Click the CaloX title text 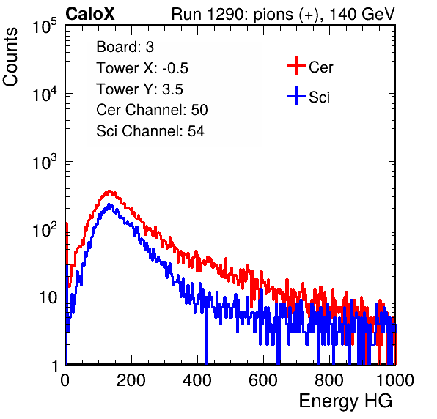pos(90,14)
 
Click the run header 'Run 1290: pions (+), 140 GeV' pos(283,14)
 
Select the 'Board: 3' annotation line pos(125,47)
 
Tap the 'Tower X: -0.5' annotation pos(142,68)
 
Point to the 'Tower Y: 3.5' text pos(139,89)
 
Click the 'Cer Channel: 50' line pos(152,110)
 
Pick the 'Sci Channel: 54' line pos(150,131)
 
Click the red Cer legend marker pos(296,66)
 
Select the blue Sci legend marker pos(296,96)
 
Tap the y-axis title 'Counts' pos(10,57)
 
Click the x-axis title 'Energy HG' pos(345,401)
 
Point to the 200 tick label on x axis pos(131,380)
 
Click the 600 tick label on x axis pos(263,380)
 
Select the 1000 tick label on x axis pos(395,380)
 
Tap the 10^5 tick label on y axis pos(45,26)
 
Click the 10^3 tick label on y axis pos(45,162)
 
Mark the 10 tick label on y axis pos(48,297)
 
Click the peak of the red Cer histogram pos(109,191)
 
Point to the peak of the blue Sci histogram pos(109,204)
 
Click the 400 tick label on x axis pos(197,380)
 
